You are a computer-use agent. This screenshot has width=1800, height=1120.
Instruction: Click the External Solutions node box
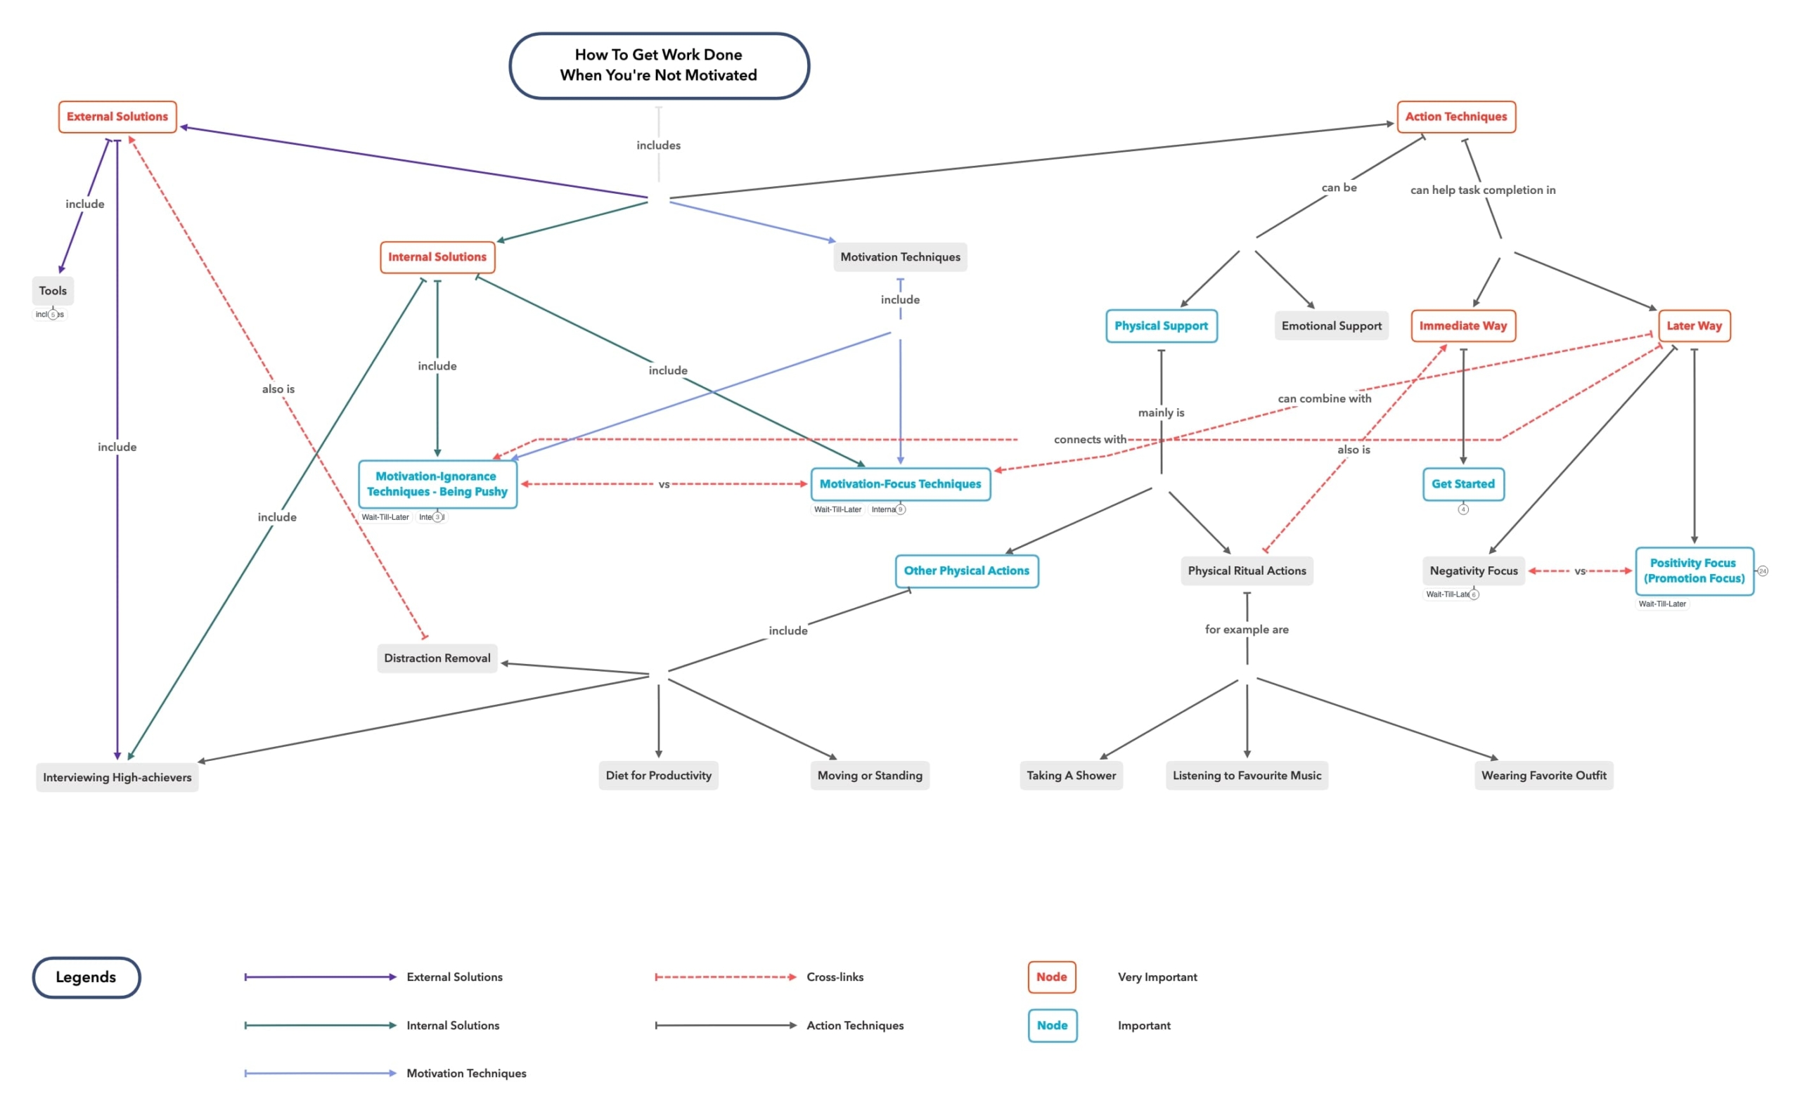(x=117, y=117)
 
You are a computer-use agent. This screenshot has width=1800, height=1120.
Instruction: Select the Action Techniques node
(x=1455, y=117)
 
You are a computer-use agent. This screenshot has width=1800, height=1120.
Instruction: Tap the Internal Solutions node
(x=437, y=257)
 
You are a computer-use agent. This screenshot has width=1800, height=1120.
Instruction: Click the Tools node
(x=53, y=291)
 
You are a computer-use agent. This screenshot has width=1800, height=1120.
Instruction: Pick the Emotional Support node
(x=1331, y=326)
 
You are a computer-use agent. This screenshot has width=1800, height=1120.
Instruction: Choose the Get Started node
(x=1462, y=484)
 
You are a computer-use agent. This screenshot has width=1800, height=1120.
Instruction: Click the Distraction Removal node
(x=437, y=658)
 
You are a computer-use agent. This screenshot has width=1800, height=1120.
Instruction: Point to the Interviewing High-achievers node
(x=117, y=777)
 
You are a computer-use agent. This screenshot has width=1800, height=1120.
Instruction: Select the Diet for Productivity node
(x=658, y=776)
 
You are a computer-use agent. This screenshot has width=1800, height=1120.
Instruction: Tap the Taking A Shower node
(x=1071, y=776)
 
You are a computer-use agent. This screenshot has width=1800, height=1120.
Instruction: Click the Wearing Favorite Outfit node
(x=1543, y=776)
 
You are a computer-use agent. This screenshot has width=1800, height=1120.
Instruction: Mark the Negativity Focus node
(x=1473, y=571)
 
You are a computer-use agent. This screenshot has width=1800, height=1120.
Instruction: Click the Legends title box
(x=86, y=977)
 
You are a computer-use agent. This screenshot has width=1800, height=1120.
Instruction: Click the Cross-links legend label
(x=835, y=977)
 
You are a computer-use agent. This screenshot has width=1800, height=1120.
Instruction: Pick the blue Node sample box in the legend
(x=1052, y=1025)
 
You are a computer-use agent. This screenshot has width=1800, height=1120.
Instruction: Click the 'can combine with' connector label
(x=1324, y=398)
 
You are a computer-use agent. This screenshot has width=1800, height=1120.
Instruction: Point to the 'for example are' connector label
(x=1247, y=630)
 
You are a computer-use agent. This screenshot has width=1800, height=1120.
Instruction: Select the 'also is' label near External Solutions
(x=278, y=389)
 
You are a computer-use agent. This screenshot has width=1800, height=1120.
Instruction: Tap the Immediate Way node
(x=1462, y=326)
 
